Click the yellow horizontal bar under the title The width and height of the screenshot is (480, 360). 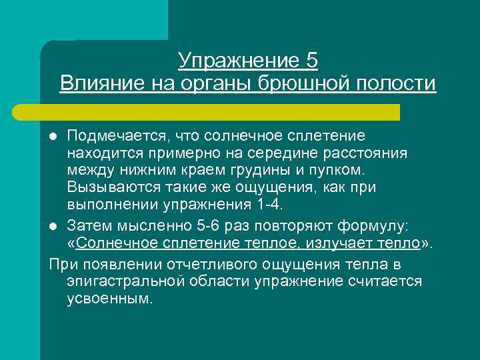pos(220,112)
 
